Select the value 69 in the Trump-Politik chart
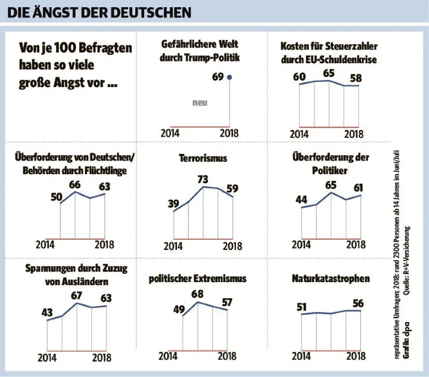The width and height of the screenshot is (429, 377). [x=218, y=77]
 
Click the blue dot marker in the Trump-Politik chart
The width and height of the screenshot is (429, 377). [x=230, y=76]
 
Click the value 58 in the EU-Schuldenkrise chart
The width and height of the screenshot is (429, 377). [x=356, y=78]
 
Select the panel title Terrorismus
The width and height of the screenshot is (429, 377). [x=203, y=159]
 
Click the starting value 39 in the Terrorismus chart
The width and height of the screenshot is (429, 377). [x=173, y=204]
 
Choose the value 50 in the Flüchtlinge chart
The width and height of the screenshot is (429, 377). [x=57, y=197]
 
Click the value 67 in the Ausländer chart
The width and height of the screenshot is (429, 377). [x=77, y=296]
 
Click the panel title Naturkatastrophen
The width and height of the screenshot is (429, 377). [x=331, y=279]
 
